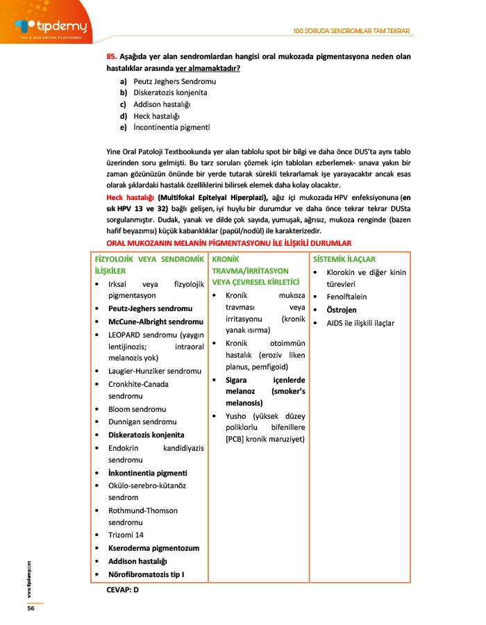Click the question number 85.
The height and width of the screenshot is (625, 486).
click(111, 55)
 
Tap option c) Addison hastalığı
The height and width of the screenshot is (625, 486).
click(156, 104)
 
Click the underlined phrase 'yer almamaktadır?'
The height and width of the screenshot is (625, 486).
click(208, 68)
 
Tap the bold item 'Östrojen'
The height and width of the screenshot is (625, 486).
click(343, 310)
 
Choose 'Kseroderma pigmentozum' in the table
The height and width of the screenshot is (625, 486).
click(153, 548)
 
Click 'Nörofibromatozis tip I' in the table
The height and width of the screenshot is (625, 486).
click(146, 574)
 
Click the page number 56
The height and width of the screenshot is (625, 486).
click(31, 608)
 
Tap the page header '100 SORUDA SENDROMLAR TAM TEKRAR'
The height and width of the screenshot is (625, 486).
click(351, 31)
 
